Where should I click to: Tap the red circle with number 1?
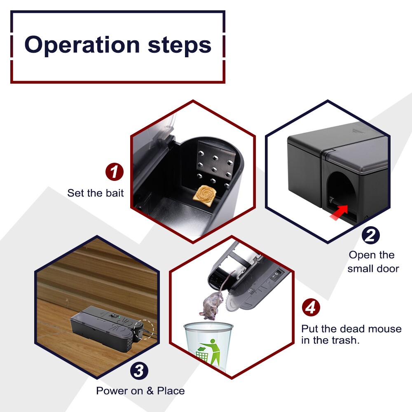pyautogui.click(x=115, y=172)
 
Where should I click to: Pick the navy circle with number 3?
pyautogui.click(x=139, y=370)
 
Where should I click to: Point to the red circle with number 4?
pyautogui.click(x=311, y=307)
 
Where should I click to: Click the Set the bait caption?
pyautogui.click(x=96, y=193)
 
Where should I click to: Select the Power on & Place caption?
pyautogui.click(x=140, y=391)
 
